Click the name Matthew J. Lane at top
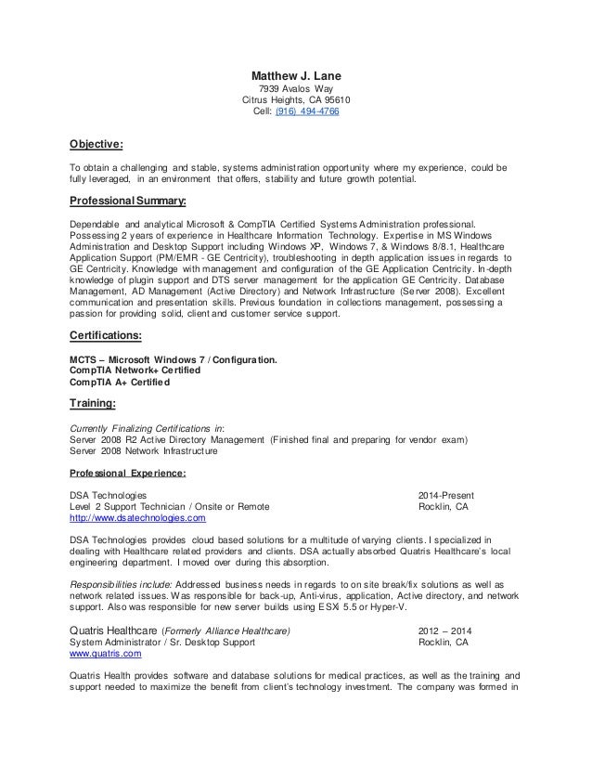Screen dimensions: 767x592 pos(296,75)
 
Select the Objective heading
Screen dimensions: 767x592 pos(97,144)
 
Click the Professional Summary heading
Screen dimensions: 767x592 pos(129,200)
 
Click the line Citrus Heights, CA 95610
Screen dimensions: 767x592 pos(296,101)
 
